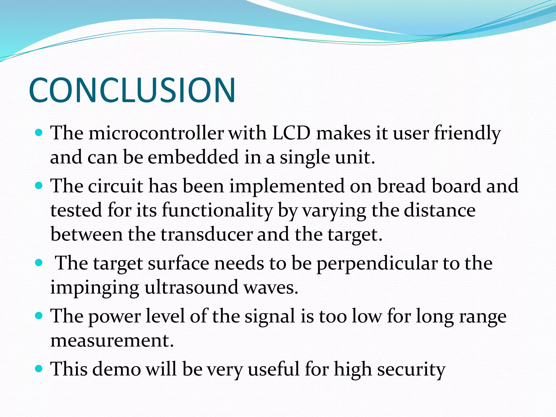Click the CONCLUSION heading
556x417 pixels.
(132, 90)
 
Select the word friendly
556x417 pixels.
(467, 134)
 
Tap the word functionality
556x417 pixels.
(217, 211)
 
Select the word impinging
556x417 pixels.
(94, 288)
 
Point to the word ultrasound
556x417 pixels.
(191, 287)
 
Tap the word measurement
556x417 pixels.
(112, 340)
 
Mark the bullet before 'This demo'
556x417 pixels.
(39, 369)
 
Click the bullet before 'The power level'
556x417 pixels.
(39, 316)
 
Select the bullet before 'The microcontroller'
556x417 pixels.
(39, 133)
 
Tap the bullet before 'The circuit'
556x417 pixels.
(39, 186)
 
